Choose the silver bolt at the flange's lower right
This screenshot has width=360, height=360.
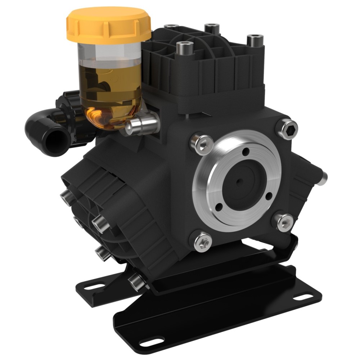pos(285,221)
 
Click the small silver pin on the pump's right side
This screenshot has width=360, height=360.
pos(325,176)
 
